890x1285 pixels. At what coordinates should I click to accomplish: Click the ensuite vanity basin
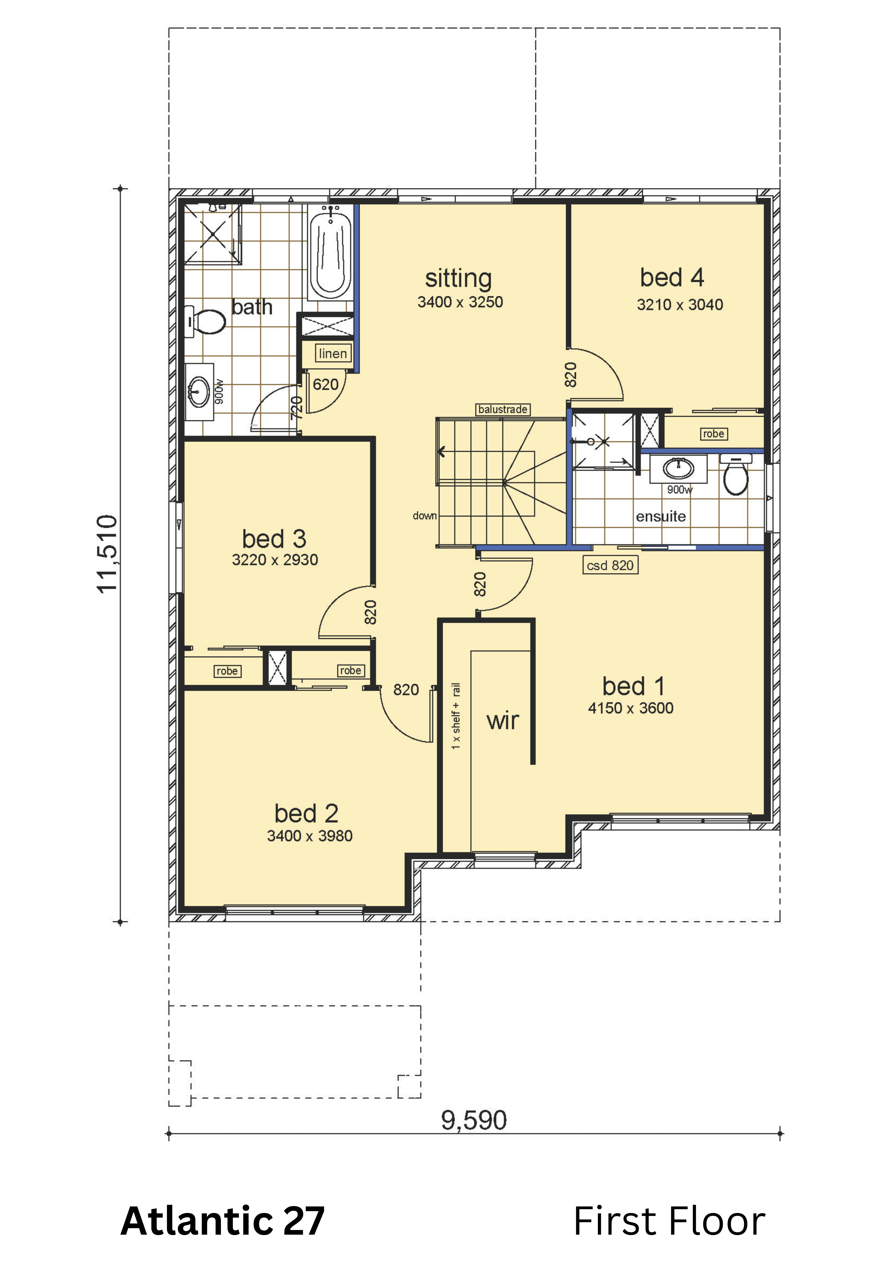[678, 468]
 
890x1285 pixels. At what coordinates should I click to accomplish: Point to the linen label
[333, 353]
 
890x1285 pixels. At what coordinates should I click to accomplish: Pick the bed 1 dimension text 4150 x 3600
[631, 708]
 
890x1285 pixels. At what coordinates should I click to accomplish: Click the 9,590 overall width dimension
[474, 1120]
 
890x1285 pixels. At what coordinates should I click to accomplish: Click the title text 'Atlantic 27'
[222, 1221]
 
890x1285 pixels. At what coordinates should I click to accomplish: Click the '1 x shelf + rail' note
[456, 716]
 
